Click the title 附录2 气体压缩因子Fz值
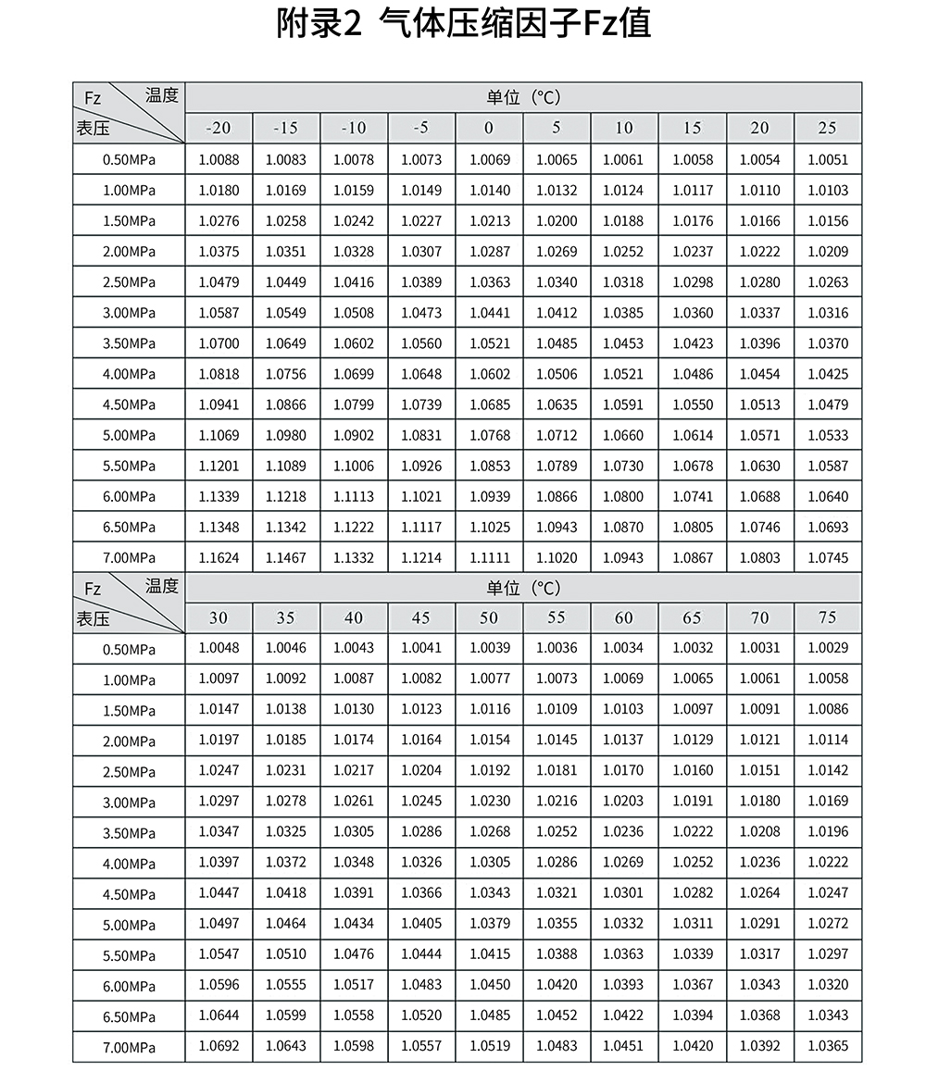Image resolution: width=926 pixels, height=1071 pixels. pyautogui.click(x=463, y=24)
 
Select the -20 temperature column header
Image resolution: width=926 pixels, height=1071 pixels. pyautogui.click(x=219, y=128)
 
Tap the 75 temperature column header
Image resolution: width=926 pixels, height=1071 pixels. pyautogui.click(x=827, y=617)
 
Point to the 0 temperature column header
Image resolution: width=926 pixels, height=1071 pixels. pyautogui.click(x=489, y=128)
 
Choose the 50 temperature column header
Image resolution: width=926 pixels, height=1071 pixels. pyautogui.click(x=489, y=617)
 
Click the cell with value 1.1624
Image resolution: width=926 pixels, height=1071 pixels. pyautogui.click(x=219, y=558)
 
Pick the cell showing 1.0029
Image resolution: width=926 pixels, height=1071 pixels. pyautogui.click(x=827, y=648)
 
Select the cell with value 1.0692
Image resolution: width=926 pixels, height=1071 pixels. pyautogui.click(x=219, y=1046)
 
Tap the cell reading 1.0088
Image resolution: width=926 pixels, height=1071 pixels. pyautogui.click(x=219, y=159)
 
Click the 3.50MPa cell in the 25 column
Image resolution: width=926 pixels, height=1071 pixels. pyautogui.click(x=827, y=343)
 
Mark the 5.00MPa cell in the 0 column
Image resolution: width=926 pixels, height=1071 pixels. pyautogui.click(x=489, y=435)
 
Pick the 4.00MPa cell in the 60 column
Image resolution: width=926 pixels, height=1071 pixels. pyautogui.click(x=623, y=863)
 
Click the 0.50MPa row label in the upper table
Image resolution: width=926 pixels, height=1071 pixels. pyautogui.click(x=130, y=159)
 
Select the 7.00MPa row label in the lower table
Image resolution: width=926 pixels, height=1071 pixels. pyautogui.click(x=130, y=1047)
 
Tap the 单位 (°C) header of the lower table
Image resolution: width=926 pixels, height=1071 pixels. pyautogui.click(x=523, y=588)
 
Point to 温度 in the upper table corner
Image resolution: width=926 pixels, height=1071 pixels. pyautogui.click(x=161, y=94)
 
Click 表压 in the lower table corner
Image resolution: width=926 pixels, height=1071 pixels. pyautogui.click(x=93, y=618)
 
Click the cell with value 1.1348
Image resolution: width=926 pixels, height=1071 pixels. pyautogui.click(x=219, y=528)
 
